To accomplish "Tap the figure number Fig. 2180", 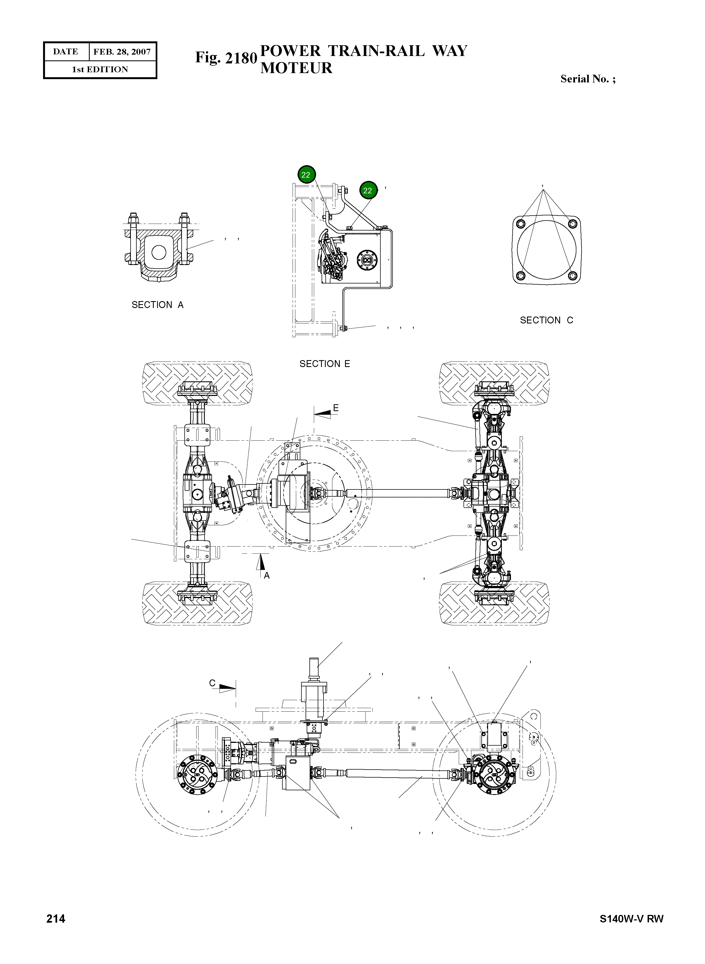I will click(x=226, y=58).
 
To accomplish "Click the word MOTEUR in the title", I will click(x=296, y=68).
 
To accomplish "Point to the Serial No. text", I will click(x=587, y=79).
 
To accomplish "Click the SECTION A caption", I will click(x=157, y=305).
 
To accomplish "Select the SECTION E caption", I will click(x=324, y=364).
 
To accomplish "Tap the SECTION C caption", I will click(x=546, y=320).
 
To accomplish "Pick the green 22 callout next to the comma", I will click(x=368, y=191).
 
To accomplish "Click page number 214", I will click(x=56, y=919).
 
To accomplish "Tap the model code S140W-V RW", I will click(x=631, y=919).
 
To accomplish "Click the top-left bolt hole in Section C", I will click(x=520, y=224).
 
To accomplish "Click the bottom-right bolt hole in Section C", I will click(x=573, y=276).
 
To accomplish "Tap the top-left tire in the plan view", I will click(x=197, y=383).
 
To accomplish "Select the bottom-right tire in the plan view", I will click(x=494, y=602).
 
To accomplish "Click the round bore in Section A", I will click(x=159, y=252).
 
